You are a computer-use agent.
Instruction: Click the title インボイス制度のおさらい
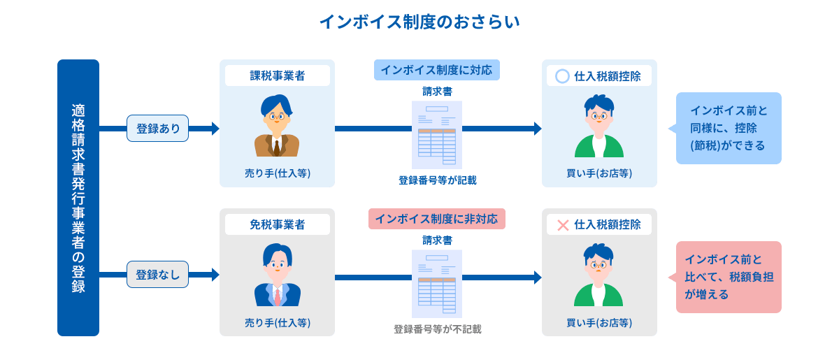coord(419,22)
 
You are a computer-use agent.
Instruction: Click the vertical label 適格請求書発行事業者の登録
coord(78,198)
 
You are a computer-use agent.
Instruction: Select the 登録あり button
coord(158,129)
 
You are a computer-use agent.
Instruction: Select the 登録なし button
coord(158,275)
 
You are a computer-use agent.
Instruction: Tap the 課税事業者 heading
coord(277,76)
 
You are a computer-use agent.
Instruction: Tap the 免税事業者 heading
coord(277,225)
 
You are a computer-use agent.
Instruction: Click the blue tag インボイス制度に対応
coord(436,70)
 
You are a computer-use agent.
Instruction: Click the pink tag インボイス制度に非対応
coord(436,219)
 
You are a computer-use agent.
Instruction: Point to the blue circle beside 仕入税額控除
coord(562,76)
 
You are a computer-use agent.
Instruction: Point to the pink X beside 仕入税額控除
coord(562,225)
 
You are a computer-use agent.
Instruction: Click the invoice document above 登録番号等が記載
coord(437,134)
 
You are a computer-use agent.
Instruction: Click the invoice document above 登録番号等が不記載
coord(437,283)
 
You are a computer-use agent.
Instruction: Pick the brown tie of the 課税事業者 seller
coord(277,147)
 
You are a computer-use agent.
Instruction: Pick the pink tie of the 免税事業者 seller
coord(278,296)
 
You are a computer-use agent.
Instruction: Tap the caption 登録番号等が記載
coord(437,180)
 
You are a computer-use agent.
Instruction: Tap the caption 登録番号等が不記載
coord(437,329)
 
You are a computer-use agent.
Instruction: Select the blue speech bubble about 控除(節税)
coord(729,128)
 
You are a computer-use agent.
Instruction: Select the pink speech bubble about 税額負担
coord(729,277)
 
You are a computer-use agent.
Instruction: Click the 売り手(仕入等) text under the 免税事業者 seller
coord(277,322)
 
